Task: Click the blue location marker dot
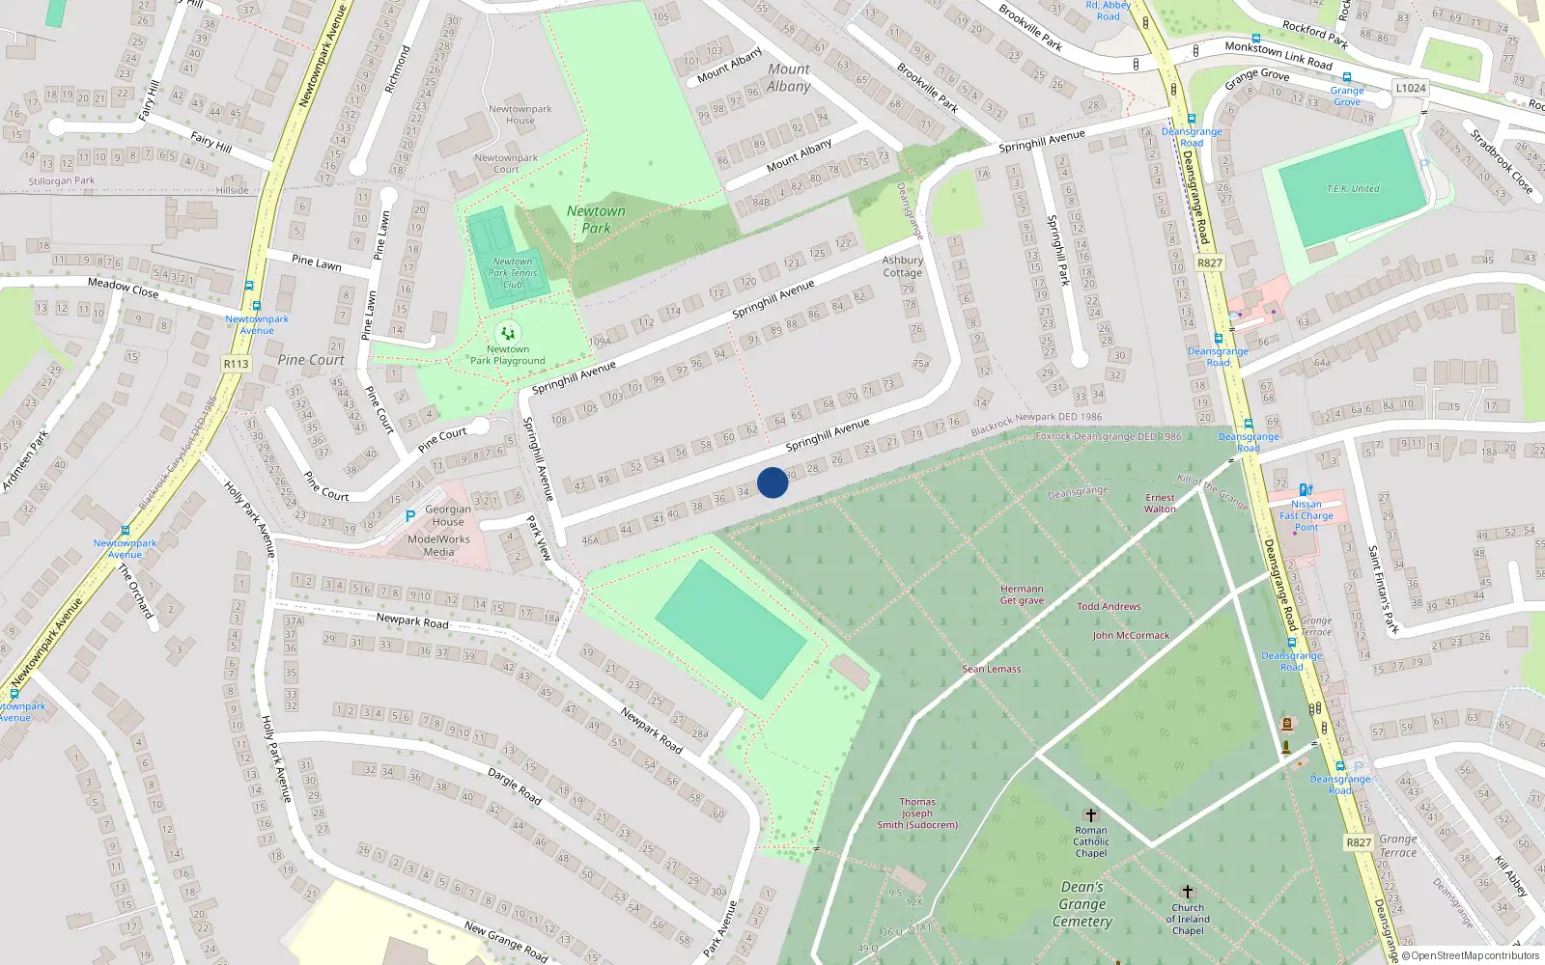772,482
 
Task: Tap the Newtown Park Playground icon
508,334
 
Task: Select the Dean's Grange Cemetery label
1082,904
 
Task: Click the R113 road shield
236,364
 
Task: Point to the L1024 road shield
1410,88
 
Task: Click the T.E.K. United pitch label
1353,189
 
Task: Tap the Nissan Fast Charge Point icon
1306,490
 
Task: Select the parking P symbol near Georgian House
410,517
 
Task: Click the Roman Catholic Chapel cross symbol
1091,815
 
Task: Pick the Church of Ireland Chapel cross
1188,892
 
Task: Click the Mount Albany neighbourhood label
789,77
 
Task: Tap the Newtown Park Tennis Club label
512,273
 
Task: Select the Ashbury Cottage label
903,266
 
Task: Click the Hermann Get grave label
1022,594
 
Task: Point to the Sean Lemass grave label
992,669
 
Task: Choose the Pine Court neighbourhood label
311,360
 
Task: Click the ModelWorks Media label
438,546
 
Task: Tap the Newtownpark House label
520,115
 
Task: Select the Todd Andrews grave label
1109,607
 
